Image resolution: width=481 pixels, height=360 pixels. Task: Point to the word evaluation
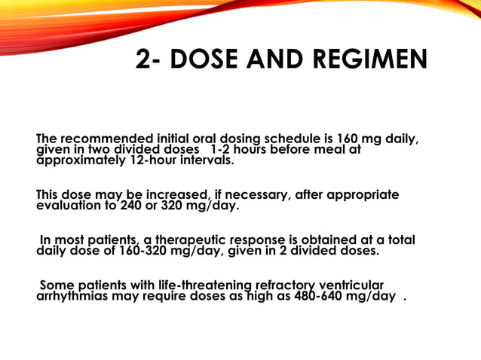tap(69, 205)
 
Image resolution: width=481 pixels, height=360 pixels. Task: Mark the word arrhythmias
tap(71, 295)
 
